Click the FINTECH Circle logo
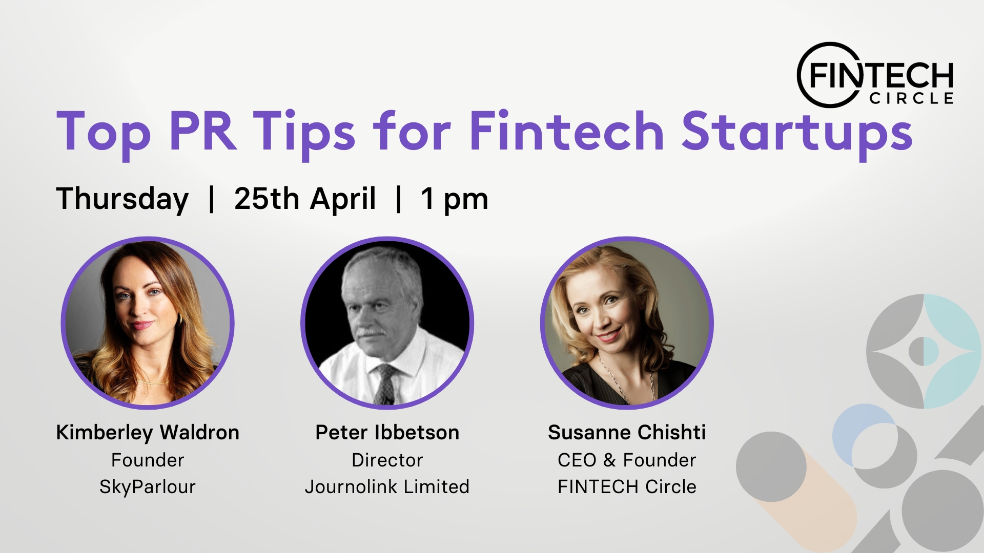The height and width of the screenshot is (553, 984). [875, 75]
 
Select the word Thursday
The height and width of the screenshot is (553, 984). [122, 200]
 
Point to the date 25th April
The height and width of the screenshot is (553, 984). [305, 200]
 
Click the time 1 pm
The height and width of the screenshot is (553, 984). [455, 200]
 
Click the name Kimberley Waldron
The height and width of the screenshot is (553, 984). [148, 433]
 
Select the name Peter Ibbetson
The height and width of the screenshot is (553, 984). [387, 433]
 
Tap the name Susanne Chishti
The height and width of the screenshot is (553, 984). [627, 433]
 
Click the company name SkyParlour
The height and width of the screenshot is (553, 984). [148, 487]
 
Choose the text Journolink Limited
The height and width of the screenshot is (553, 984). [387, 486]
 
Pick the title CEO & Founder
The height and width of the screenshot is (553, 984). [627, 460]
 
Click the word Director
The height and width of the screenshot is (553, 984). [387, 460]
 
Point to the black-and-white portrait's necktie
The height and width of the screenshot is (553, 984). [384, 384]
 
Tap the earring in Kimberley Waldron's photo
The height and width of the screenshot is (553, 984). [180, 318]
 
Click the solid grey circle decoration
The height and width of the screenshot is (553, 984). [771, 466]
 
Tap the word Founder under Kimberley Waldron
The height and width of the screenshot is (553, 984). [148, 460]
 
